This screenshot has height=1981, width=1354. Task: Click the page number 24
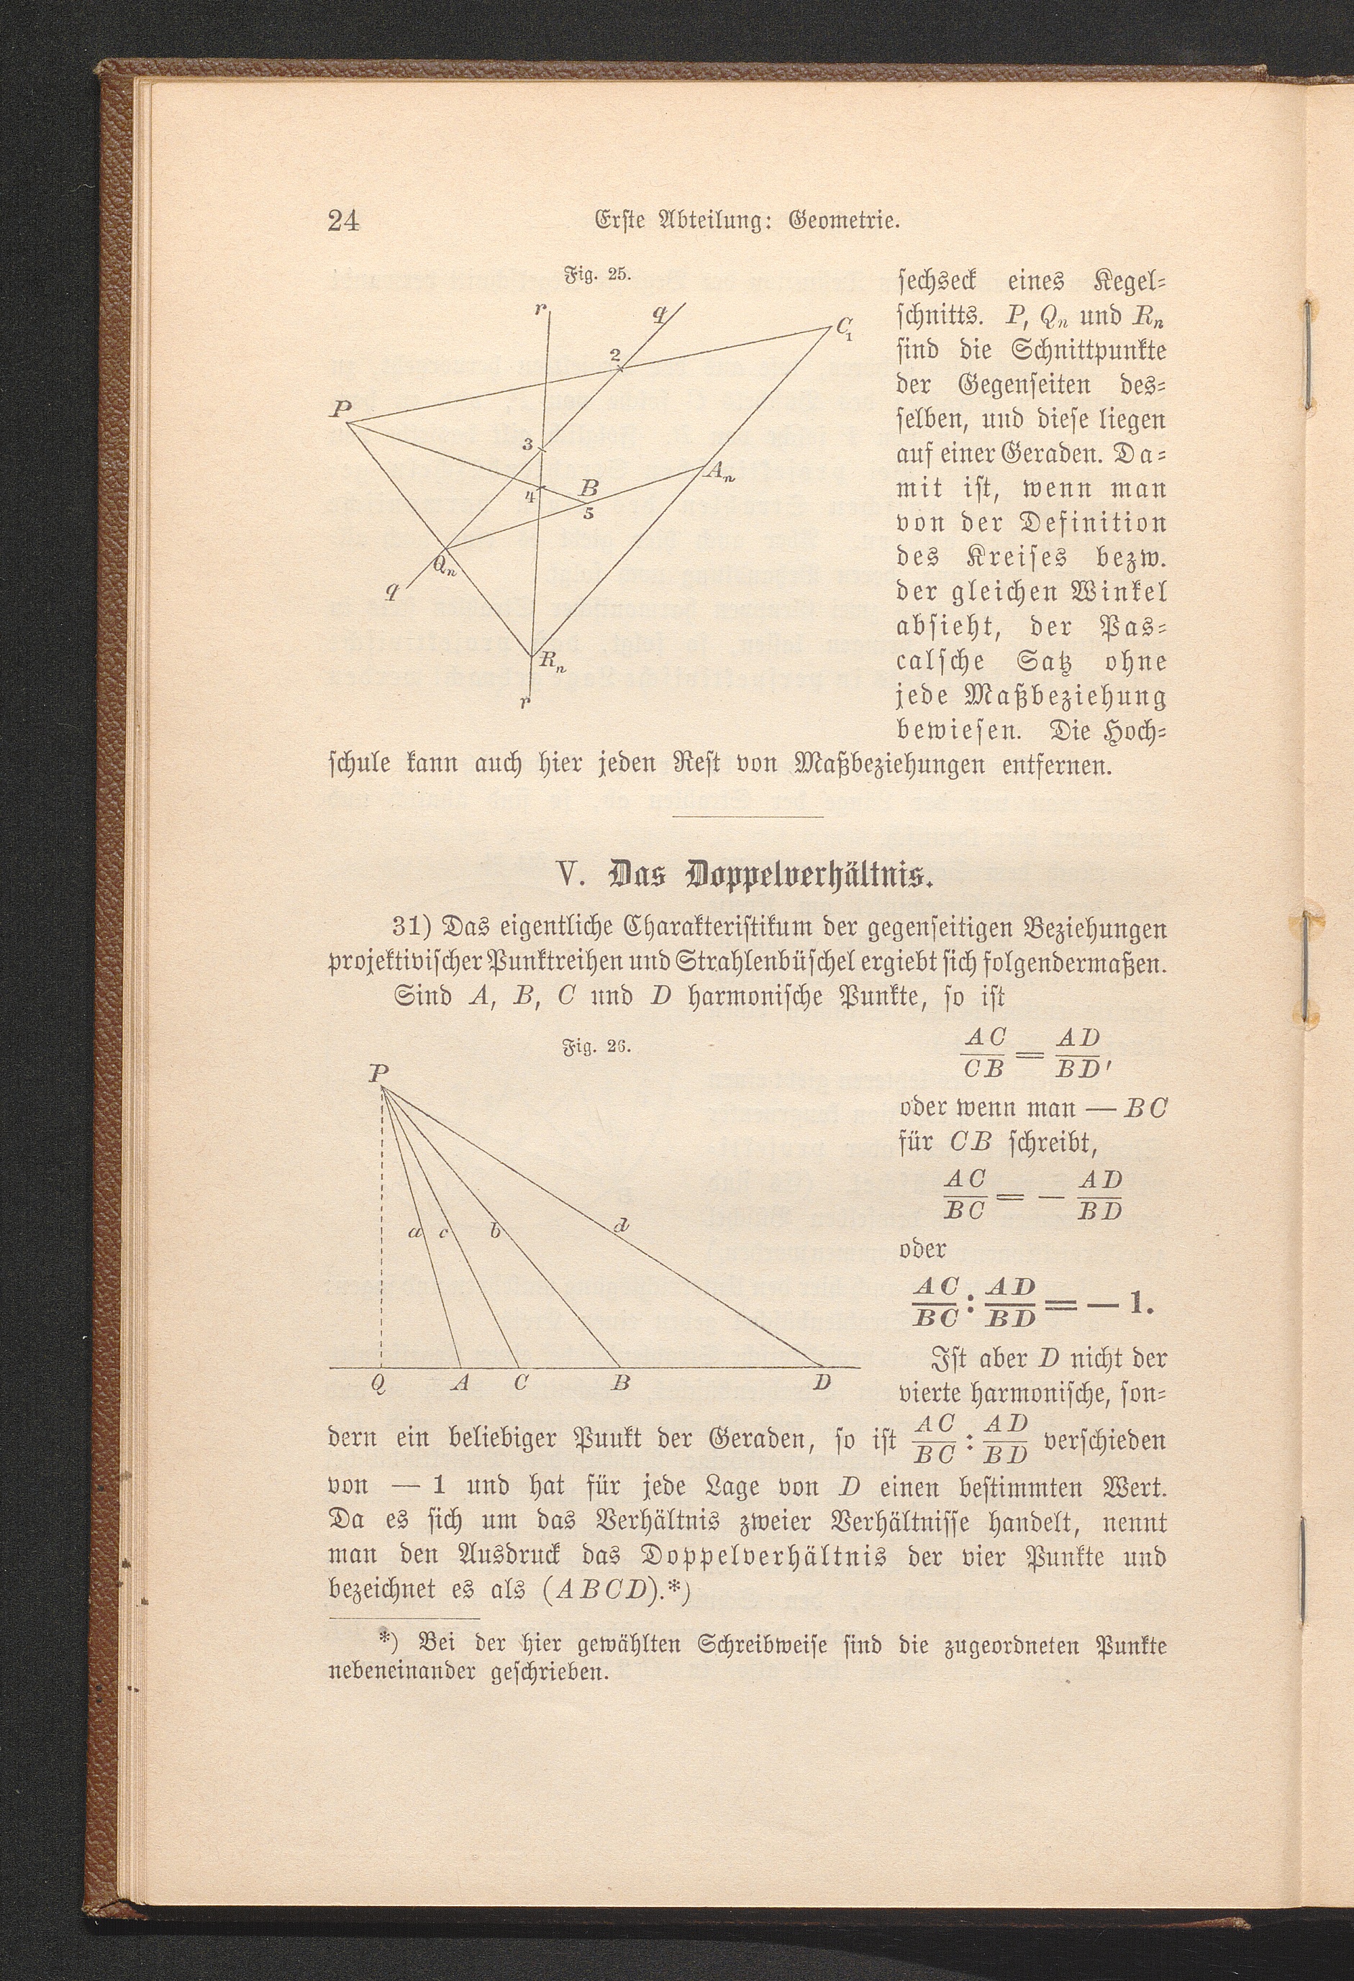344,222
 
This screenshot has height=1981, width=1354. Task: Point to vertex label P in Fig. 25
341,409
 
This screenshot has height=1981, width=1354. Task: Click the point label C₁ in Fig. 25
845,327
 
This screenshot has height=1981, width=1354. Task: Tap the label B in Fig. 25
589,488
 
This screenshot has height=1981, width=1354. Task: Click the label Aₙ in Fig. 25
719,470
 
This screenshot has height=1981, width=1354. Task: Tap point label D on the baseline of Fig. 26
821,1382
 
